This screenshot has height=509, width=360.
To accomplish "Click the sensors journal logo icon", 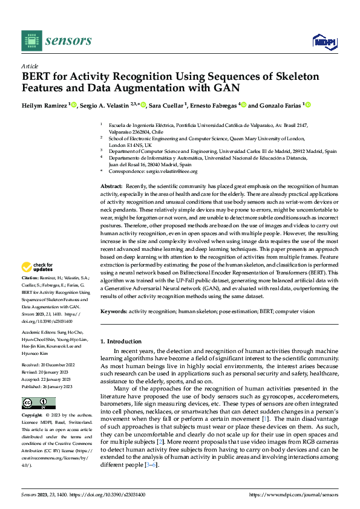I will (31, 41).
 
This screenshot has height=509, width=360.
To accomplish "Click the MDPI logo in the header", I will (324, 41).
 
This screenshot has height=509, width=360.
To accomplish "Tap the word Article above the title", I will (30, 66).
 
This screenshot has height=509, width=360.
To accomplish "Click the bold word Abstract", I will (111, 187).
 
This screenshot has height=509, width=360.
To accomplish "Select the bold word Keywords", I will (113, 311).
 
